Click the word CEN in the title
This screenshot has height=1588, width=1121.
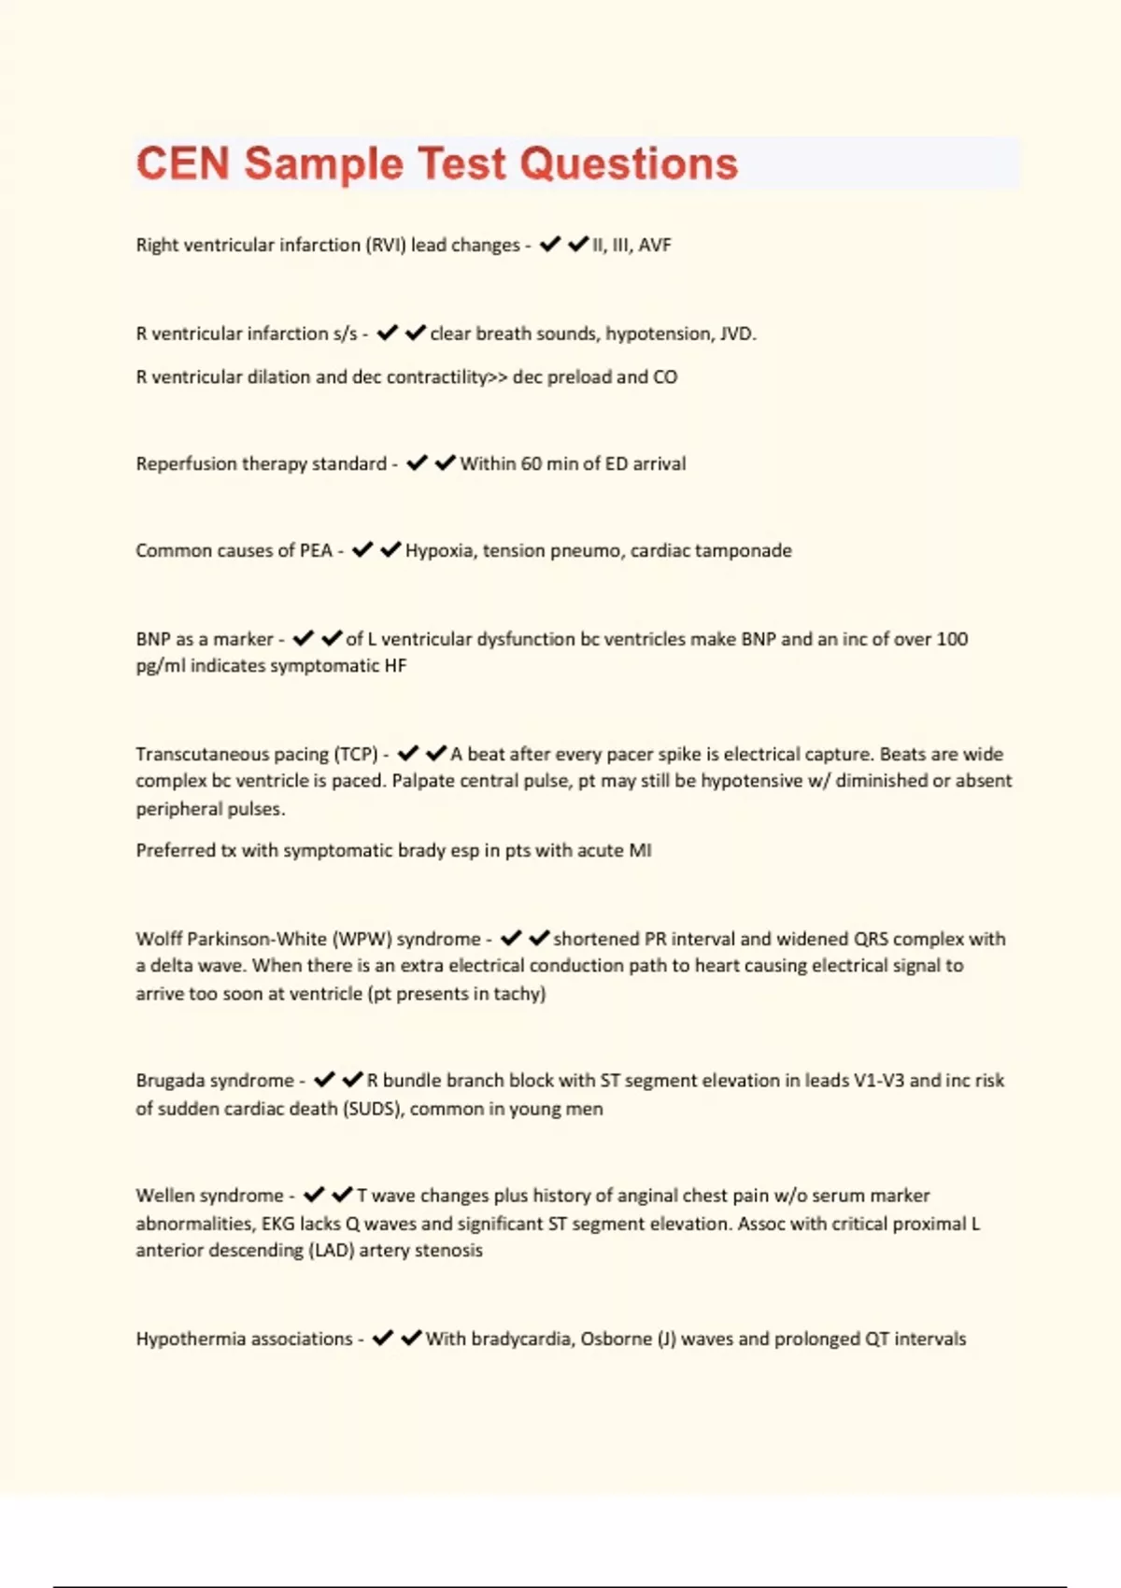click(x=183, y=163)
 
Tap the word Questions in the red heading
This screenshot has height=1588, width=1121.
click(x=629, y=163)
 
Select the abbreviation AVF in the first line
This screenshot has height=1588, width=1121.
click(x=655, y=245)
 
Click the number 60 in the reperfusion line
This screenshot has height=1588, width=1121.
click(x=532, y=463)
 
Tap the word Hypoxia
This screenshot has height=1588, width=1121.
click(x=439, y=550)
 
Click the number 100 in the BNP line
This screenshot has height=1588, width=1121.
click(x=952, y=639)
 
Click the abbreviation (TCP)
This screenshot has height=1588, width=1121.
click(x=356, y=754)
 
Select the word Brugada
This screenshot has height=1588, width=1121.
click(x=174, y=1081)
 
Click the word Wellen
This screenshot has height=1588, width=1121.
click(x=163, y=1196)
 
